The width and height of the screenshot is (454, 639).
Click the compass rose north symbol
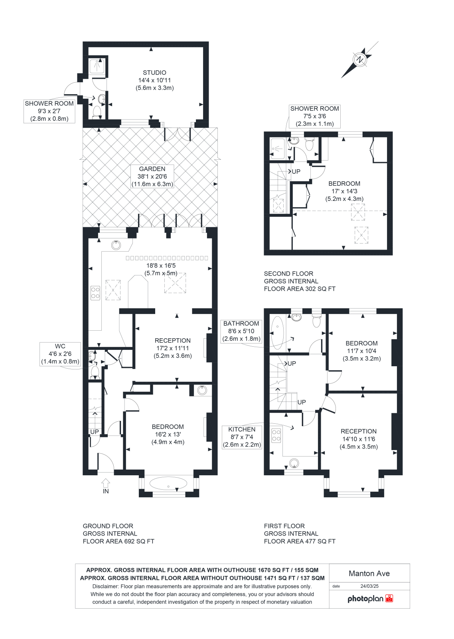point(360,60)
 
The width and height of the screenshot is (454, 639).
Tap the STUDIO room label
point(154,73)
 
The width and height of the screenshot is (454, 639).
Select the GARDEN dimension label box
point(152,177)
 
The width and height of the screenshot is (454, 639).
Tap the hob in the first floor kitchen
point(276,436)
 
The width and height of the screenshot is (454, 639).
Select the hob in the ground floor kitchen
point(95,293)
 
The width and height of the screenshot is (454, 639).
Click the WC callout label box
point(60,354)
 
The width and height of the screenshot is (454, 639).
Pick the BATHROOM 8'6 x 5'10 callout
point(241,331)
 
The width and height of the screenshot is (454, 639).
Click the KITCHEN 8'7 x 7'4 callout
point(242,437)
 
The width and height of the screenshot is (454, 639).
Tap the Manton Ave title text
point(369,574)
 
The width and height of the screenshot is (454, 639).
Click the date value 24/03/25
point(369,586)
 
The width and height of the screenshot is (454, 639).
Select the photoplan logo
point(370,599)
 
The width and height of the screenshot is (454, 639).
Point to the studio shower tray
point(97,66)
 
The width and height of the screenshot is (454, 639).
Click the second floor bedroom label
point(344,184)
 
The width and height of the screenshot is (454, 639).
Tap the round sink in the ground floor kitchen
point(116,245)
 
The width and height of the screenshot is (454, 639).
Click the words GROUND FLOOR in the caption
point(108,526)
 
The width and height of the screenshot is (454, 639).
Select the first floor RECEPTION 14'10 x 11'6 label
point(359,439)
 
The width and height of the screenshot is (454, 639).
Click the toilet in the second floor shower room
point(309,144)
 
